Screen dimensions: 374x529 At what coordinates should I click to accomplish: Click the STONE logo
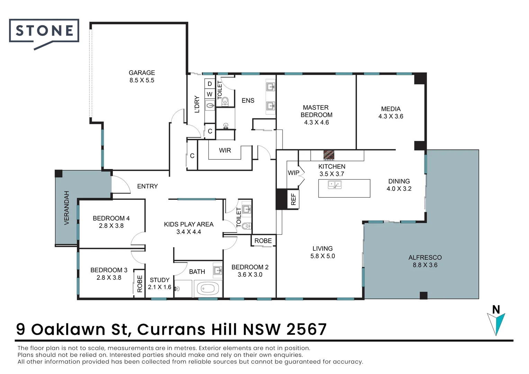click(x=44, y=32)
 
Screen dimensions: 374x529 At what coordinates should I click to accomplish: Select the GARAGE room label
click(x=142, y=73)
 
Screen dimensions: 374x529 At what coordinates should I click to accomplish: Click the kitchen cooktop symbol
click(x=329, y=155)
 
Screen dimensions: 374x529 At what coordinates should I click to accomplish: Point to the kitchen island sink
click(x=334, y=185)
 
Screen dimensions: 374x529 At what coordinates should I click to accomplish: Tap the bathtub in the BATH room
click(x=208, y=288)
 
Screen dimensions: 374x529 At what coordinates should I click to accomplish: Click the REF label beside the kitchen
click(x=293, y=199)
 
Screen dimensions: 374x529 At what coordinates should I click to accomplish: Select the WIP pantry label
click(x=293, y=173)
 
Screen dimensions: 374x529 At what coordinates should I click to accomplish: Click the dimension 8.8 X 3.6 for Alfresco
click(x=425, y=265)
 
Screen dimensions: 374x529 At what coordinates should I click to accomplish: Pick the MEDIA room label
click(x=391, y=109)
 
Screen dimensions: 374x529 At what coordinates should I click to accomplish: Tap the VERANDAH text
click(x=67, y=208)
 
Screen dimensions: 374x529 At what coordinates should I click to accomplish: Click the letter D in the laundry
click(x=209, y=84)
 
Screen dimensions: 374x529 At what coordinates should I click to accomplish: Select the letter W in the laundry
click(x=209, y=94)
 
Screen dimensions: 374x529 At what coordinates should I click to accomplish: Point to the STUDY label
click(x=160, y=280)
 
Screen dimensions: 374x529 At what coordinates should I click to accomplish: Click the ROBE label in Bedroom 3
click(x=140, y=284)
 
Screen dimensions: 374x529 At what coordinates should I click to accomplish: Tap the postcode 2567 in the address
click(x=306, y=329)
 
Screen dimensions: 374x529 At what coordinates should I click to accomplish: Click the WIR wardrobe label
click(x=225, y=150)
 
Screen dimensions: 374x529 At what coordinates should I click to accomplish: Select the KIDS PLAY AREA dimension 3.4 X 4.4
click(x=188, y=232)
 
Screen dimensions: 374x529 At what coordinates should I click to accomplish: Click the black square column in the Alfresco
click(x=423, y=295)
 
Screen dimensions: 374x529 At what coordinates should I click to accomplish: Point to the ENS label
click(x=248, y=100)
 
